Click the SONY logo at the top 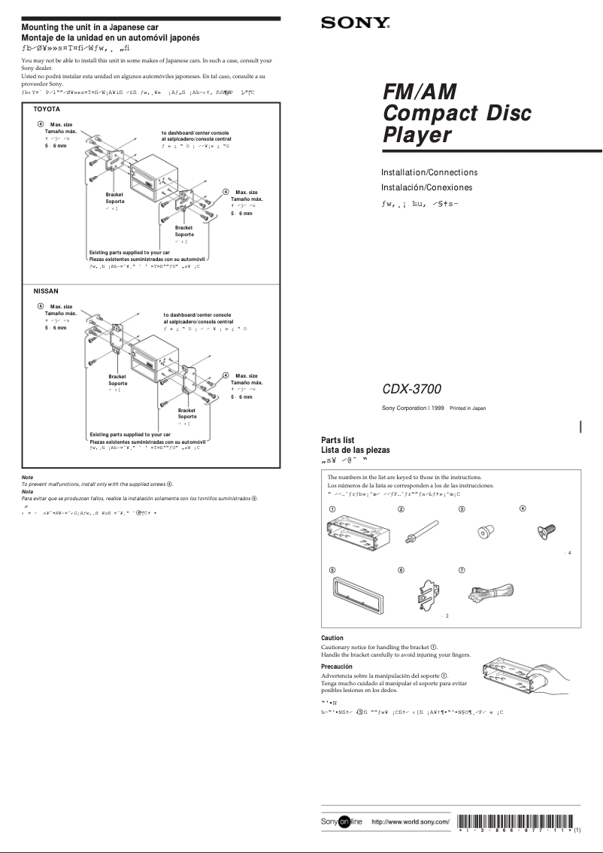356,23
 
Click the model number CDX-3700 411,390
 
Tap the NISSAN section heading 46,290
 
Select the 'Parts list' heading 338,440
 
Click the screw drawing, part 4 544,532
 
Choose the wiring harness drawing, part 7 489,594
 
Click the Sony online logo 342,821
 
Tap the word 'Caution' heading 332,638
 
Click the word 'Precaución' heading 337,666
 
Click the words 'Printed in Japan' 468,408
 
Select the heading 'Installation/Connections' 429,172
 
